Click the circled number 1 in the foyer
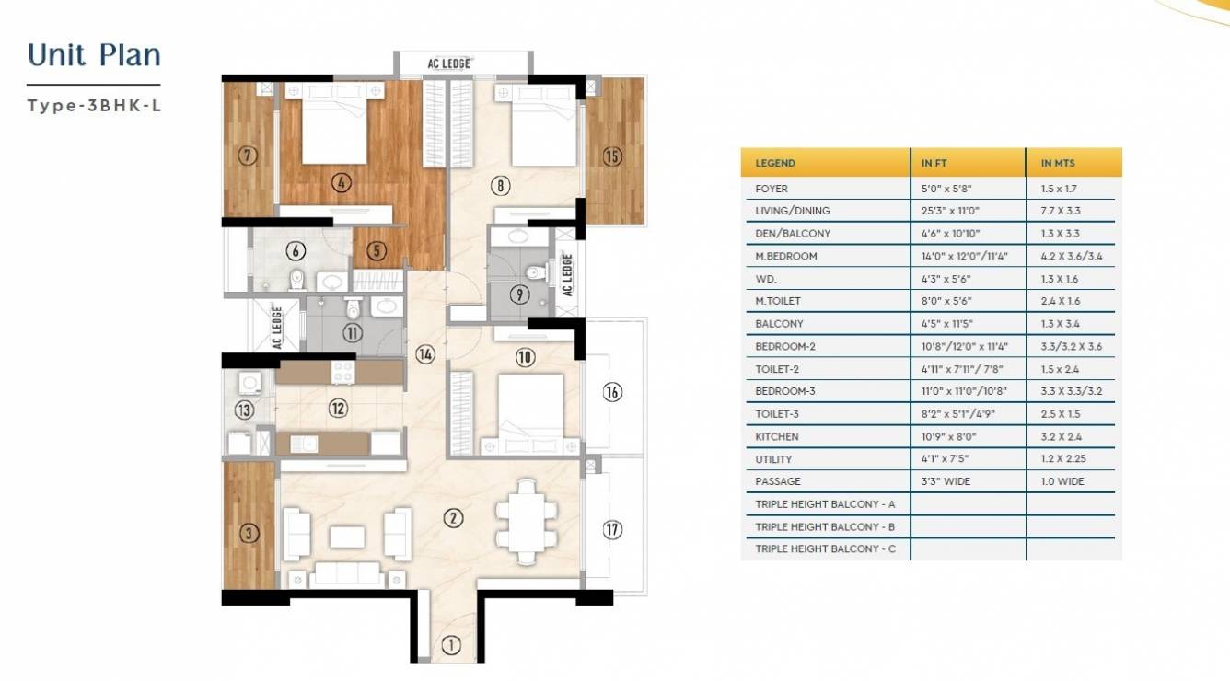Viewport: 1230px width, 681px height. (x=450, y=646)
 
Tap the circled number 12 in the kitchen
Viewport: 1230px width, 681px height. (x=338, y=407)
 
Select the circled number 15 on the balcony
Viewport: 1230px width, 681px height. (x=612, y=156)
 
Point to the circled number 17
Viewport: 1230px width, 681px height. (x=612, y=529)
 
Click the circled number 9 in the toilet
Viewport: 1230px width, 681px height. (x=520, y=295)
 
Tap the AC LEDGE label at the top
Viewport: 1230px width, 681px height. (x=449, y=63)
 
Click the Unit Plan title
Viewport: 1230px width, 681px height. (x=95, y=55)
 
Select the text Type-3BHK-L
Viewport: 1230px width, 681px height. (x=95, y=105)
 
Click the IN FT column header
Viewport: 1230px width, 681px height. (x=934, y=163)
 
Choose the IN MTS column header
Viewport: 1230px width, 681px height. (x=1059, y=163)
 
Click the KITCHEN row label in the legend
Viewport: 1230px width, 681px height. (x=777, y=436)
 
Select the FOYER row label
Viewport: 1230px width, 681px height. (x=772, y=189)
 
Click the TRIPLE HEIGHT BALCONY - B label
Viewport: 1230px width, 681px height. (x=825, y=526)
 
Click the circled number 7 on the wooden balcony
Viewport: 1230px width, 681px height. (x=246, y=155)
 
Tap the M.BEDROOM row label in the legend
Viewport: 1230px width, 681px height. (x=786, y=256)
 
